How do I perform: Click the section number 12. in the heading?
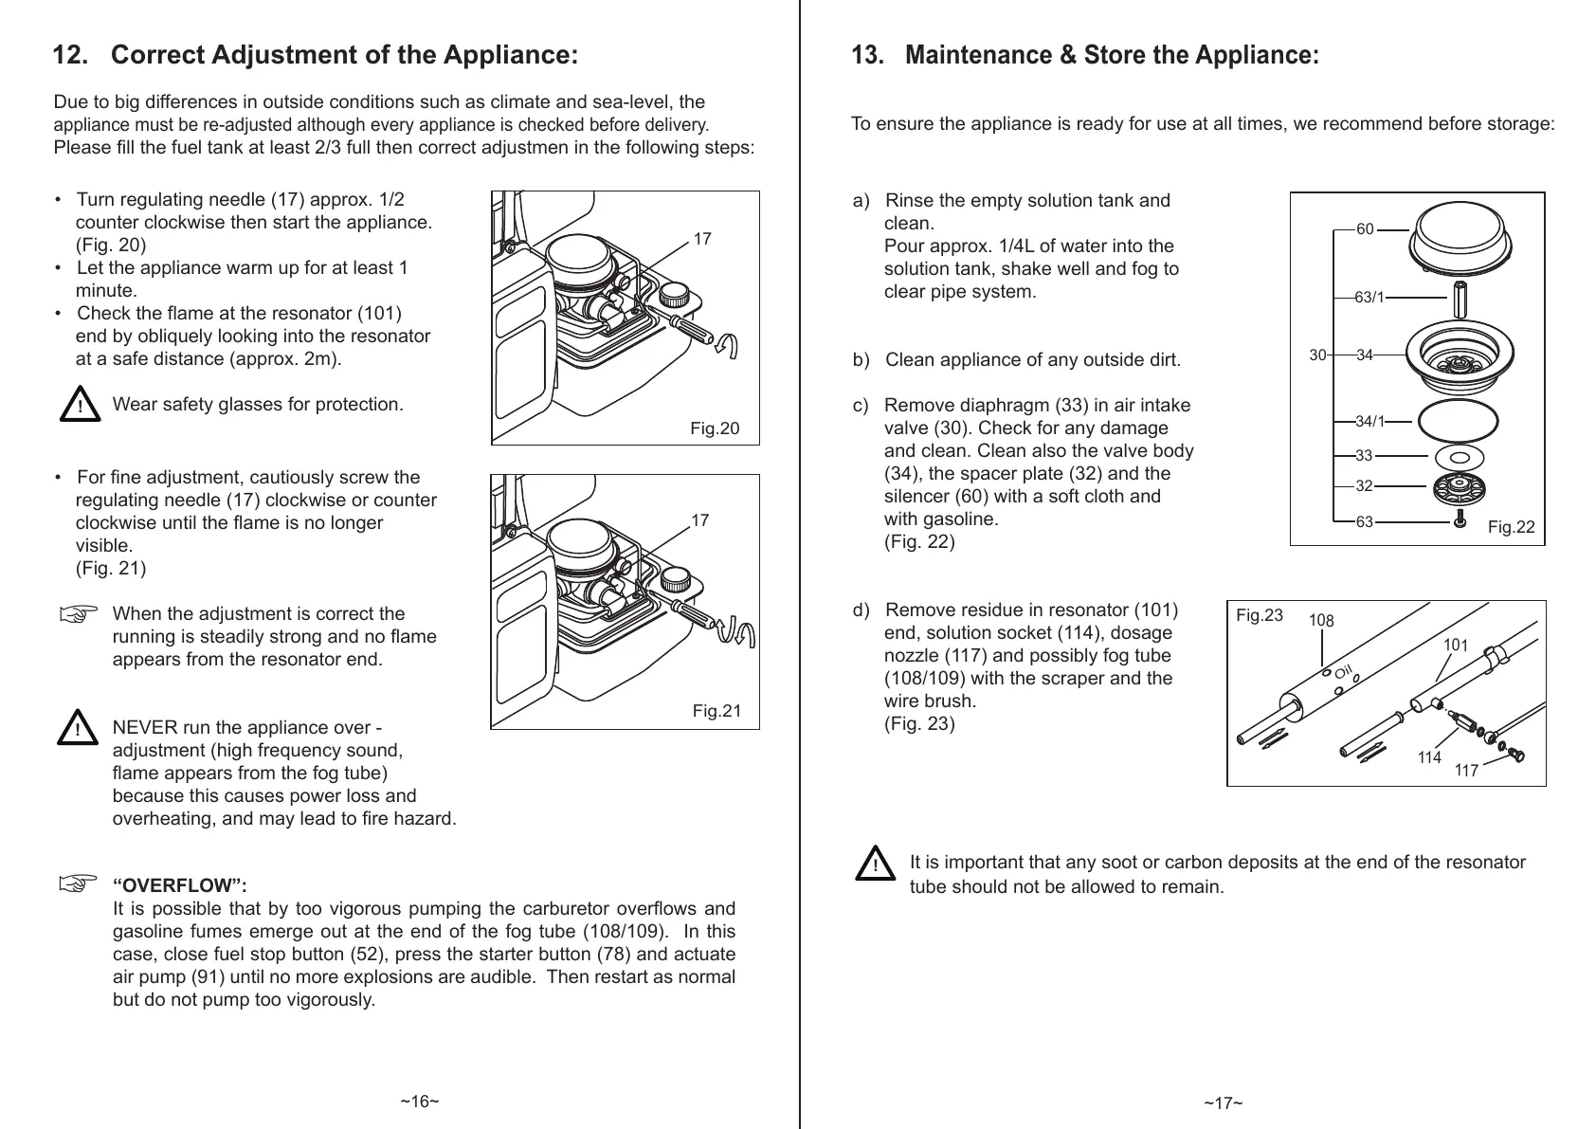point(71,56)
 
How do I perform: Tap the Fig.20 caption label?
point(715,429)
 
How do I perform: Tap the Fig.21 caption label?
point(716,711)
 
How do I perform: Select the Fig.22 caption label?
point(1511,528)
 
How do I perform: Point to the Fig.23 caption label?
point(1260,616)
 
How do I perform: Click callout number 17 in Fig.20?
point(702,240)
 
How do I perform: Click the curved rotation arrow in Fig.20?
point(727,347)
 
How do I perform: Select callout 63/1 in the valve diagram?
point(1369,298)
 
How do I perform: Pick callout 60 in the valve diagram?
point(1365,229)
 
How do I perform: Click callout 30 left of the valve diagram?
point(1317,355)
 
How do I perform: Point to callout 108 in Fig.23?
point(1321,622)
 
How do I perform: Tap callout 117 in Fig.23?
point(1466,771)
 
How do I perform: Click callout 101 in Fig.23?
point(1456,646)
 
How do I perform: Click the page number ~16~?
point(419,1102)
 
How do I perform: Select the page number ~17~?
point(1224,1102)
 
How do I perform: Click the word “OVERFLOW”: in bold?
point(180,886)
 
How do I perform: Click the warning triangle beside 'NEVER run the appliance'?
point(76,730)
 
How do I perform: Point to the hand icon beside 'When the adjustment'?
point(80,615)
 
